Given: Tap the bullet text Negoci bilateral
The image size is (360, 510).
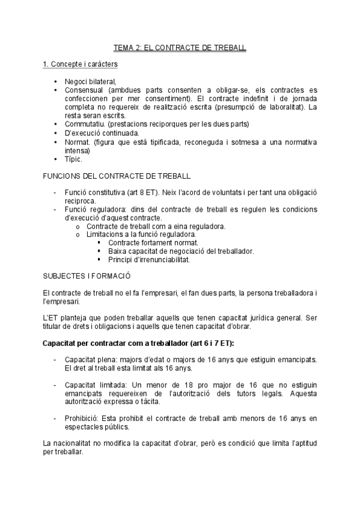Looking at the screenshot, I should (x=91, y=82).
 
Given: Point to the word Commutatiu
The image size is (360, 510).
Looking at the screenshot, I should (x=85, y=124).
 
